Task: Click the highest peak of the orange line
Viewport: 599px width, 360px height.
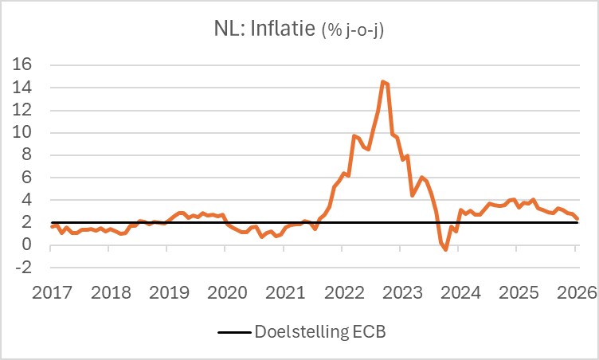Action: tap(383, 81)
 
